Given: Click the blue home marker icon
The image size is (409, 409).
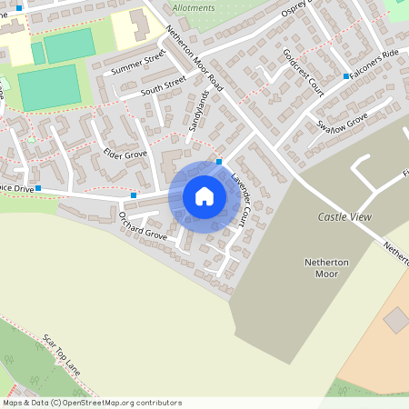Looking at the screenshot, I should pyautogui.click(x=204, y=196).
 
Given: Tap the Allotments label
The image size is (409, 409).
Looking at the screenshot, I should pyautogui.click(x=195, y=7).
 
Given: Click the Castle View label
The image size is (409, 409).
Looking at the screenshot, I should pyautogui.click(x=345, y=217).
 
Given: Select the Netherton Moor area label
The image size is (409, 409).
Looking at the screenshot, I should pyautogui.click(x=325, y=268).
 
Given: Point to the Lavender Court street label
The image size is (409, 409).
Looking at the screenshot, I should pyautogui.click(x=244, y=200).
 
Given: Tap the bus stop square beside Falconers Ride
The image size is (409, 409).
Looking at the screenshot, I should pyautogui.click(x=346, y=76).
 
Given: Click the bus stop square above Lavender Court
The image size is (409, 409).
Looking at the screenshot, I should pyautogui.click(x=219, y=162).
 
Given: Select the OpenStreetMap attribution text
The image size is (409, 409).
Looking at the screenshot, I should pyautogui.click(x=91, y=402).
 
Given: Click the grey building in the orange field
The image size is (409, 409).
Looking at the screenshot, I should pyautogui.click(x=396, y=320).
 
